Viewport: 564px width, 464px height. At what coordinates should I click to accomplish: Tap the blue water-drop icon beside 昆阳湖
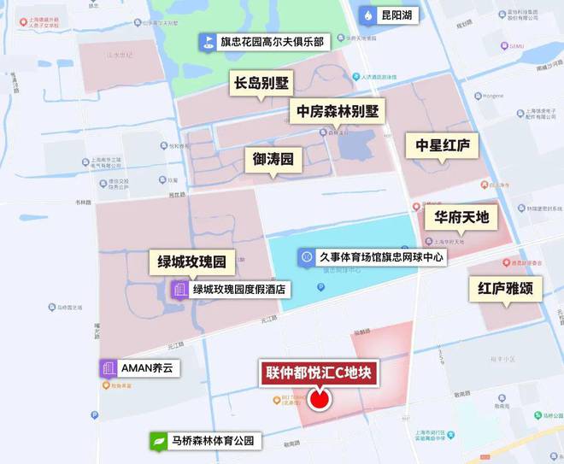point(367,15)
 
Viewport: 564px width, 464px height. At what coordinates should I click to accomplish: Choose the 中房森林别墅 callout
point(337,111)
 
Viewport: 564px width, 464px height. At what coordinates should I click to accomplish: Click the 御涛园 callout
point(273,159)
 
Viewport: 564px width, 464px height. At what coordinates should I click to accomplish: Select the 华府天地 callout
point(461,217)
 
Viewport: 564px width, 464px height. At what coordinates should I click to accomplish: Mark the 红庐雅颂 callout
point(504,289)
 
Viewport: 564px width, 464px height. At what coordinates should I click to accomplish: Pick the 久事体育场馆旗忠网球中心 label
point(382,256)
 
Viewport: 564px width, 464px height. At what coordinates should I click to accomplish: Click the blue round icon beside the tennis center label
point(306,256)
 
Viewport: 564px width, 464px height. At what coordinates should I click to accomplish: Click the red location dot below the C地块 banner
point(320,399)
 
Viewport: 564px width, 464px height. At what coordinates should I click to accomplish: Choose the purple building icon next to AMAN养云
point(109,368)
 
